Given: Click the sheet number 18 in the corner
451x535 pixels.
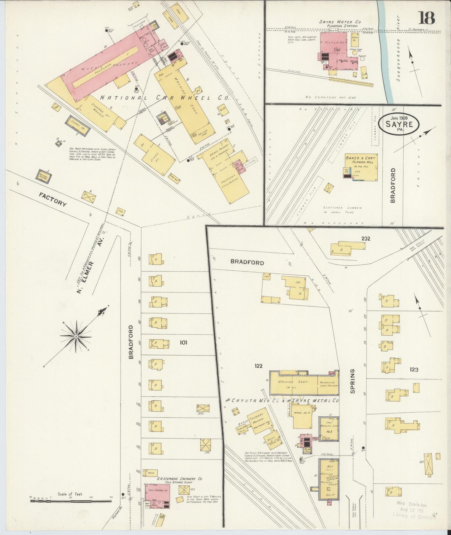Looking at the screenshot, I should click(426, 18).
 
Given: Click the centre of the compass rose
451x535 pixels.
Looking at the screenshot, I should click(76, 336).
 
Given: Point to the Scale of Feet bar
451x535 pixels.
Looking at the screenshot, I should click(71, 501).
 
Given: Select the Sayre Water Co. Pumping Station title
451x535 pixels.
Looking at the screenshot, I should click(340, 24).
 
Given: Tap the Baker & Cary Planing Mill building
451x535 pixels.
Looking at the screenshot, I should click(361, 167).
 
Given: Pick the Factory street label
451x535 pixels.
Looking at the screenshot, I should click(53, 199).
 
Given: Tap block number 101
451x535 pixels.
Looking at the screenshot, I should click(183, 343).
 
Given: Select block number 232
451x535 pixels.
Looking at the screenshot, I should click(366, 239).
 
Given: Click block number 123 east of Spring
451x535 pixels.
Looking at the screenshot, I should click(414, 370).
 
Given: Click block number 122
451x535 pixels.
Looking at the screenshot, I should click(258, 366).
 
